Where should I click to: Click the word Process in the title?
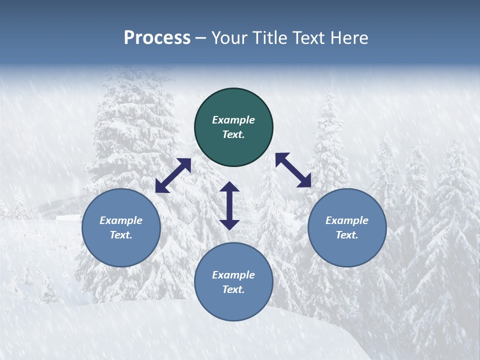(157, 38)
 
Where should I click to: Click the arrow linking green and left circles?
(173, 175)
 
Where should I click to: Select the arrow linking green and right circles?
(293, 170)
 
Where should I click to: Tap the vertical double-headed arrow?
(229, 205)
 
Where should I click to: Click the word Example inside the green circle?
(233, 120)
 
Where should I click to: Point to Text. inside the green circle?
(233, 134)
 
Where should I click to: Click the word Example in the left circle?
(121, 220)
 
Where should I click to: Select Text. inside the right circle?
(347, 235)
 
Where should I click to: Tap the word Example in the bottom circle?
(233, 275)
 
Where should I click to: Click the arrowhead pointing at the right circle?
(305, 181)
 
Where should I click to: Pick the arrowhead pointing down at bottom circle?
(229, 224)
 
